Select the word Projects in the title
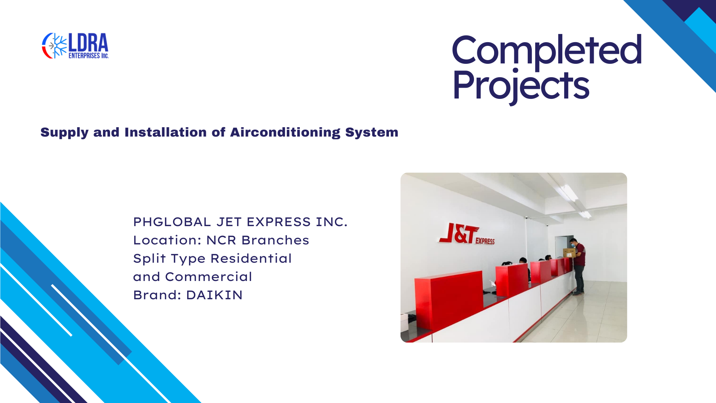pyautogui.click(x=521, y=86)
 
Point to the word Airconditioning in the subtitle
pyautogui.click(x=285, y=132)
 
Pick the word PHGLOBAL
pyautogui.click(x=172, y=222)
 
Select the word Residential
pyautogui.click(x=251, y=259)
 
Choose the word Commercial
pyautogui.click(x=208, y=277)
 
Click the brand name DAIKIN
pyautogui.click(x=214, y=295)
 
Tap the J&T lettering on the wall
pyautogui.click(x=458, y=234)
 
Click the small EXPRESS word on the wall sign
pyautogui.click(x=485, y=241)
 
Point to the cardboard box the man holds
pyautogui.click(x=569, y=253)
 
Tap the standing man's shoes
pyautogui.click(x=578, y=293)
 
